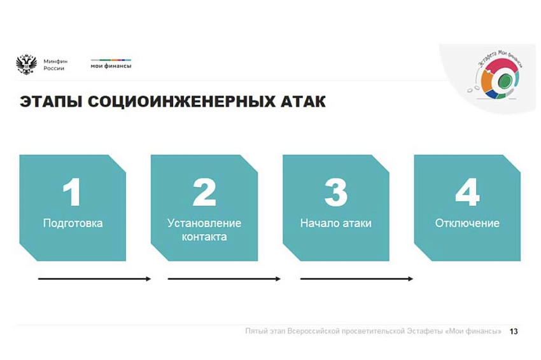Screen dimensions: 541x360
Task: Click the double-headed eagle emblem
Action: [26, 64]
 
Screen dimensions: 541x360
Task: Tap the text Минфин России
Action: [55, 65]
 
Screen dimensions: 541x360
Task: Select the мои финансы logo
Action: [111, 64]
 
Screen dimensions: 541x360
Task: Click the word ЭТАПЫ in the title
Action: [51, 102]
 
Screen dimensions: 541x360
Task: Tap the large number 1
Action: [72, 192]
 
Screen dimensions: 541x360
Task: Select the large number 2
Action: [204, 192]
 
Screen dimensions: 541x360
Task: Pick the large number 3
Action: [336, 192]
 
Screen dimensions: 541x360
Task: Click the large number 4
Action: [467, 192]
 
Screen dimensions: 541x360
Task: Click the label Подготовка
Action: [73, 223]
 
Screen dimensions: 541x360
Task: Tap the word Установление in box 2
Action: [204, 223]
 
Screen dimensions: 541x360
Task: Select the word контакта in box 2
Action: [204, 237]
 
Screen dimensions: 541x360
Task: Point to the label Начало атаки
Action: [335, 223]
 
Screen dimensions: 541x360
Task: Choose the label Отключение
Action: [467, 223]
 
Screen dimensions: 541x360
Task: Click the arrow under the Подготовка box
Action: [95, 279]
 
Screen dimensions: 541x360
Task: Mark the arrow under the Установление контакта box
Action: [224, 279]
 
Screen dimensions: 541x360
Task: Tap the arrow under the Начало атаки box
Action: [357, 279]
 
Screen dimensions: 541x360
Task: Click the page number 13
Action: [514, 331]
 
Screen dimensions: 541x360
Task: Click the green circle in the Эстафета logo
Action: [505, 81]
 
